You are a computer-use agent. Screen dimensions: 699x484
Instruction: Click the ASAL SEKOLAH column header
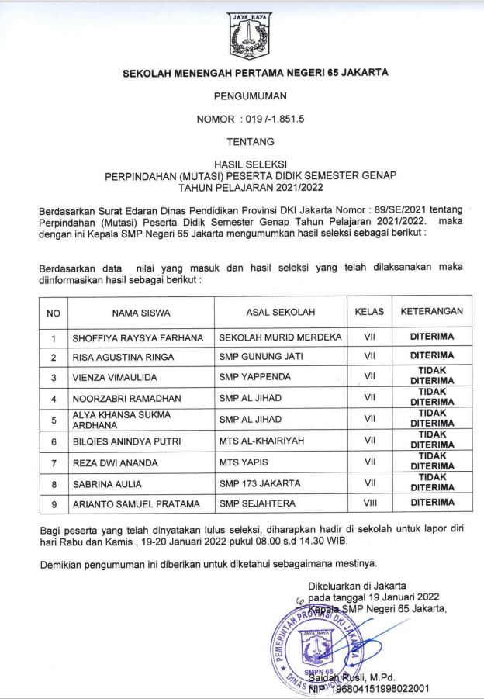280,313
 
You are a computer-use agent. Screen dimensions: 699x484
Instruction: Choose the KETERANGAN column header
431,312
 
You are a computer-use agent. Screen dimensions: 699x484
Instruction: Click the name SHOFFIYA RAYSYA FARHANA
137,337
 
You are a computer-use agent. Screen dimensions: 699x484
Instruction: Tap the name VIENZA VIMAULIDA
115,377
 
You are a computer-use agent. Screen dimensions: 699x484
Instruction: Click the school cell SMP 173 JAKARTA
260,483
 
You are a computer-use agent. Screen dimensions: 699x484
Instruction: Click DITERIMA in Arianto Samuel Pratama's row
432,503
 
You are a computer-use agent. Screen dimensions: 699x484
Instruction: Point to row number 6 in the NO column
54,441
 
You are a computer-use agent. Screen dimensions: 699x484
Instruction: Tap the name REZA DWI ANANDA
115,462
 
